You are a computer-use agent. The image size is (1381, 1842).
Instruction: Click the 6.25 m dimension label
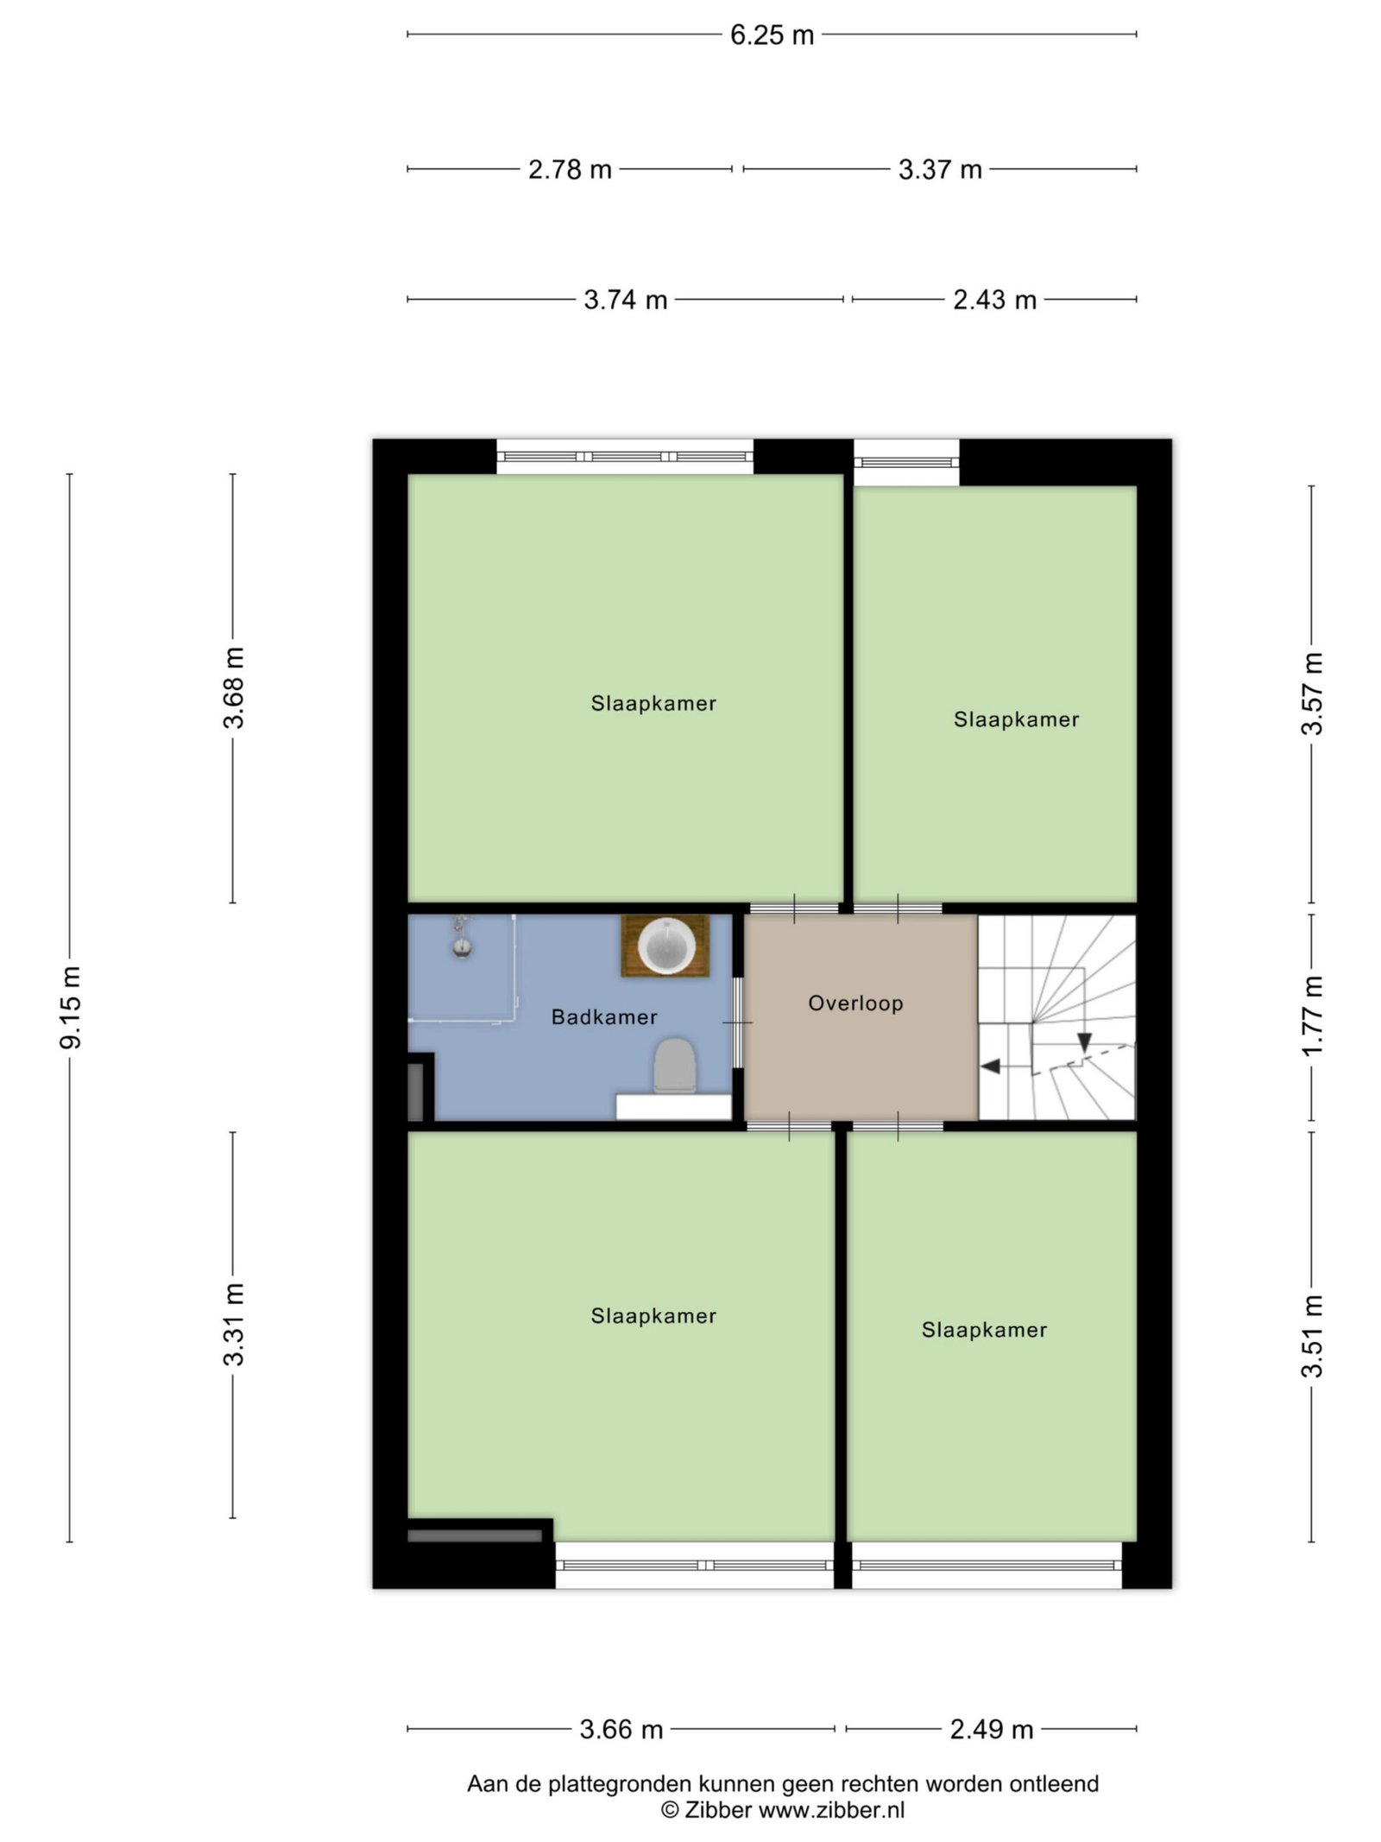click(x=772, y=35)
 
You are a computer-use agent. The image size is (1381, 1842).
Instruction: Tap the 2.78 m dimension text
click(x=570, y=169)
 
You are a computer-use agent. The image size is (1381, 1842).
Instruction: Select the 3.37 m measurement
click(x=940, y=169)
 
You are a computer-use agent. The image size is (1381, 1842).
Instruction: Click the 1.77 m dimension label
click(x=1312, y=1015)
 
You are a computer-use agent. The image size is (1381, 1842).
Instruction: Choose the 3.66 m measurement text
click(x=621, y=1729)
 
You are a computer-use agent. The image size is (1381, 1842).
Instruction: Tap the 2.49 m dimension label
click(x=992, y=1729)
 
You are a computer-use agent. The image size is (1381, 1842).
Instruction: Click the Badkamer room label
click(x=604, y=1017)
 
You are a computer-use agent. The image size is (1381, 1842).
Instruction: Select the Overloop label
click(x=855, y=1003)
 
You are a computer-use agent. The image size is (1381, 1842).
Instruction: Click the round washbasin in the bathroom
click(x=665, y=946)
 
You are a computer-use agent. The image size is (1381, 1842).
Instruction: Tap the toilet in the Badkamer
click(x=674, y=1066)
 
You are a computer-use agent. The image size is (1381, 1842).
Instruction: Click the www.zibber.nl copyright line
click(x=783, y=1810)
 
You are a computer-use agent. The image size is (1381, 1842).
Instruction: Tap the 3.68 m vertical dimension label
click(x=234, y=687)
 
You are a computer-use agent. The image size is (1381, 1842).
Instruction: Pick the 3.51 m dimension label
click(x=1312, y=1336)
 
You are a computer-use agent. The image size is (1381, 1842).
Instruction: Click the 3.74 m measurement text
click(x=626, y=300)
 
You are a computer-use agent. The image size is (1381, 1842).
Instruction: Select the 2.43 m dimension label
click(x=994, y=300)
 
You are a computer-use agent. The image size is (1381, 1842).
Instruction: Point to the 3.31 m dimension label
click(x=234, y=1325)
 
